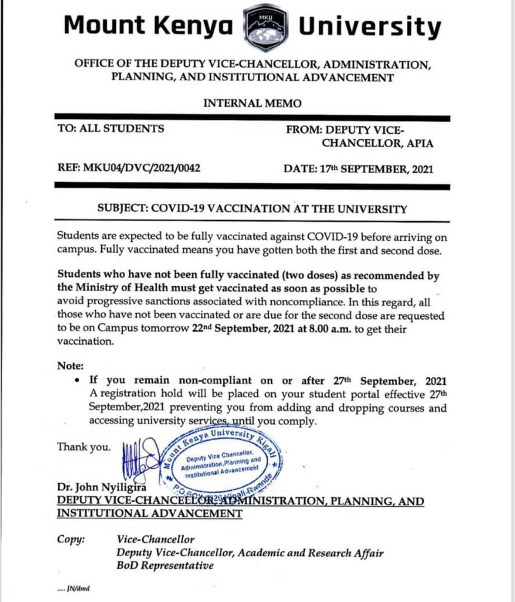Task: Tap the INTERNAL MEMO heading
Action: [x=252, y=103]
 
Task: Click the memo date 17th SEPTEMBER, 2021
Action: [x=358, y=168]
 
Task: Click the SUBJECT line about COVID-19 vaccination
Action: [x=252, y=209]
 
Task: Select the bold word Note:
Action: [x=70, y=366]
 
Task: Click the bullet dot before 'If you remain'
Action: [x=76, y=381]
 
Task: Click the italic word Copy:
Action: [x=71, y=539]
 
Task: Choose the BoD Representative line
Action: [x=165, y=565]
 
